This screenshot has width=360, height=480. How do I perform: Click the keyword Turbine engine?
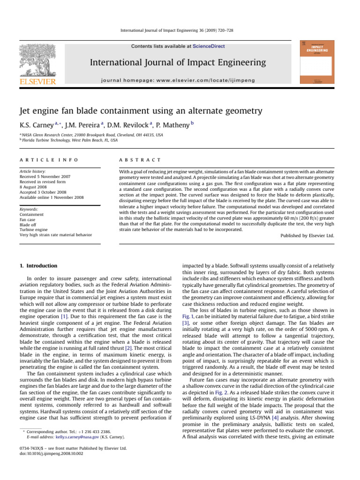(x=35, y=230)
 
